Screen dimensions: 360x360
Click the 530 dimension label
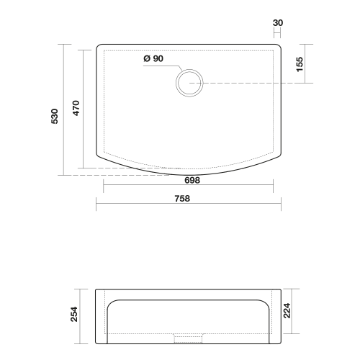pos(55,117)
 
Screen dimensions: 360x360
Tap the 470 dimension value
pos(76,108)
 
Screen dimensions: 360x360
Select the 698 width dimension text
pos(192,180)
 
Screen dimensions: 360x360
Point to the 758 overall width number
pos(182,199)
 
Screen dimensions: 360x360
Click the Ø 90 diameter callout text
pos(153,58)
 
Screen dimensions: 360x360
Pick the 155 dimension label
pos(300,64)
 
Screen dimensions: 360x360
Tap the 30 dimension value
pos(278,23)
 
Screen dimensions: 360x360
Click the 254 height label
pos(74,314)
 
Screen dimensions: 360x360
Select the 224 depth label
pos(287,311)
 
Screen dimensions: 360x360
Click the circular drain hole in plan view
pos(189,70)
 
